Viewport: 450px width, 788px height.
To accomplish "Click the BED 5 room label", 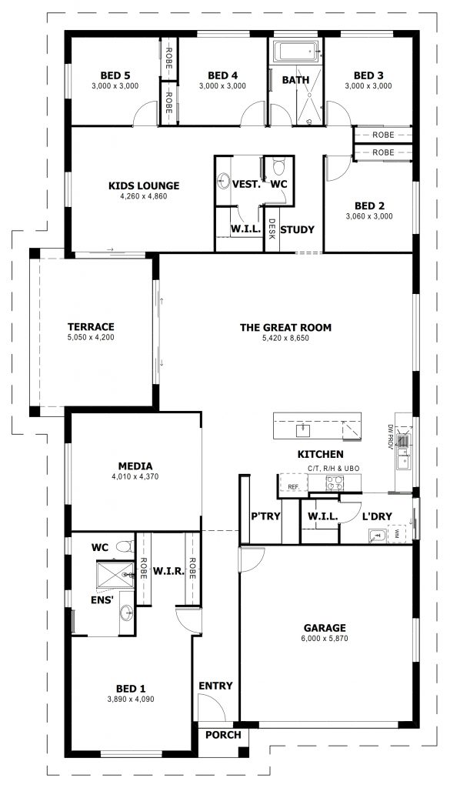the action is pos(115,75).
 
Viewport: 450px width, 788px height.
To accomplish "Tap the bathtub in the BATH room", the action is pos(296,52).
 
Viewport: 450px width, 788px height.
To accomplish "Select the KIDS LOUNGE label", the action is pos(144,186).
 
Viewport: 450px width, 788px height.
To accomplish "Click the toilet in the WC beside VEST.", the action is pos(278,166).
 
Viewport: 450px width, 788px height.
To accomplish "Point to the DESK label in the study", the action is pos(272,228).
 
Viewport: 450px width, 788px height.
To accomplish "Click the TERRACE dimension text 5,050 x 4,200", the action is pos(91,338).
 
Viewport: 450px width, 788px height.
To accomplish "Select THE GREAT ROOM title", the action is pos(285,328).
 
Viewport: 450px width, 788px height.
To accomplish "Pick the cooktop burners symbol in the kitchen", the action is pos(335,483).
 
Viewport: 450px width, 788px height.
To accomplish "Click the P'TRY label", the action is pos(265,516).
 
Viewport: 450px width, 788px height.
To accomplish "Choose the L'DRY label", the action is pos(377,516).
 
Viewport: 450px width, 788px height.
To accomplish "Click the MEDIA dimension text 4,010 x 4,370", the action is pos(135,477).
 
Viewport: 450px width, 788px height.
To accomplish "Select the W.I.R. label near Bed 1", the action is pos(168,572).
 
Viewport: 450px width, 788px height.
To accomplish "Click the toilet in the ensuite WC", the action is pos(124,546).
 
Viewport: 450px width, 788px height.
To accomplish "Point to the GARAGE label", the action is pos(325,628).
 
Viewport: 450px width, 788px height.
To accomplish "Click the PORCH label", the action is pos(224,735).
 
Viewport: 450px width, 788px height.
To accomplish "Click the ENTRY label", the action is pos(215,686).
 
